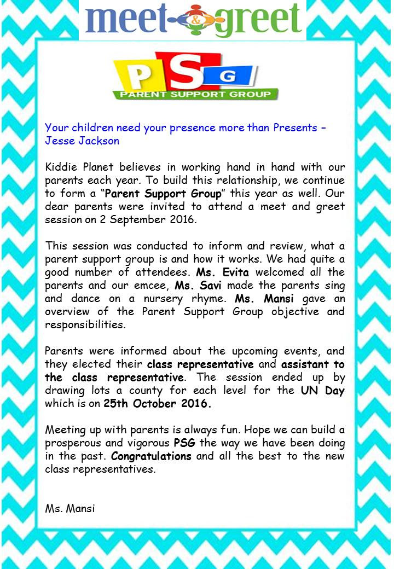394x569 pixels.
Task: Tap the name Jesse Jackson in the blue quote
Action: click(x=82, y=140)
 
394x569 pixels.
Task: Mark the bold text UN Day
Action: click(x=323, y=391)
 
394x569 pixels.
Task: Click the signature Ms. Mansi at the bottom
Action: click(x=70, y=508)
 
